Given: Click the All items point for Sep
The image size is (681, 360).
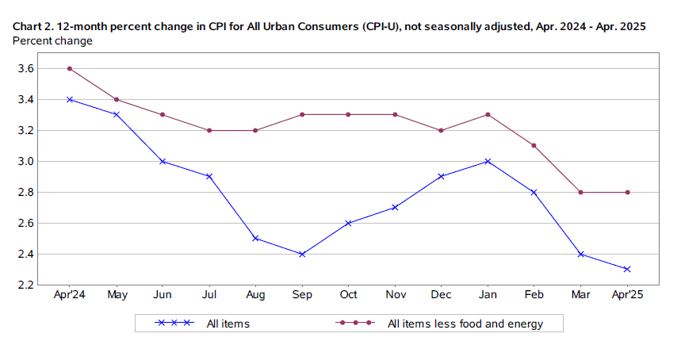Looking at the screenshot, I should pyautogui.click(x=302, y=254).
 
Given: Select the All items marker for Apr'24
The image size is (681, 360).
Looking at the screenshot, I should pyautogui.click(x=71, y=99).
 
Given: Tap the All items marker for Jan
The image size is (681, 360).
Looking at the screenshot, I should pyautogui.click(x=488, y=161).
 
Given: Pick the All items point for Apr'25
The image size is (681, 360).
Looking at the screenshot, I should pyautogui.click(x=627, y=269).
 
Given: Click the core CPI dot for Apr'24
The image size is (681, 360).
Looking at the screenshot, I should pyautogui.click(x=71, y=68).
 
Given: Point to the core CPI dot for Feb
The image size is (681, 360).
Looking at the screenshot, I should pyautogui.click(x=534, y=145).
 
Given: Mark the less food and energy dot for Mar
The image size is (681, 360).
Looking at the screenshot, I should pyautogui.click(x=580, y=192).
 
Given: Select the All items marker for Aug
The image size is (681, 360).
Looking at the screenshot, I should pyautogui.click(x=256, y=238).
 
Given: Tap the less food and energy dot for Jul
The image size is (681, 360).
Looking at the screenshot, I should pyautogui.click(x=209, y=130).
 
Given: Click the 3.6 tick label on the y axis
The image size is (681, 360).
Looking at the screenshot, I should pyautogui.click(x=25, y=68).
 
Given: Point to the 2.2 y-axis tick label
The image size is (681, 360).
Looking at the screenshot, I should pyautogui.click(x=25, y=285).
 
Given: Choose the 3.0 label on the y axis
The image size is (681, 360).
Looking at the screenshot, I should pyautogui.click(x=25, y=161).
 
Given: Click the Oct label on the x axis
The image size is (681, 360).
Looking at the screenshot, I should pyautogui.click(x=349, y=295).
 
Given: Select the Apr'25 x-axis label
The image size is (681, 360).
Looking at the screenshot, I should pyautogui.click(x=627, y=295).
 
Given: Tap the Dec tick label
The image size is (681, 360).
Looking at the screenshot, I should pyautogui.click(x=442, y=295).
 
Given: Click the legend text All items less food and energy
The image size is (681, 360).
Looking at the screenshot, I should pyautogui.click(x=465, y=323).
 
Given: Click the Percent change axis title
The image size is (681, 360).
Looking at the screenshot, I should pyautogui.click(x=52, y=40).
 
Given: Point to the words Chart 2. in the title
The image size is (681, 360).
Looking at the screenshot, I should pyautogui.click(x=33, y=27).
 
